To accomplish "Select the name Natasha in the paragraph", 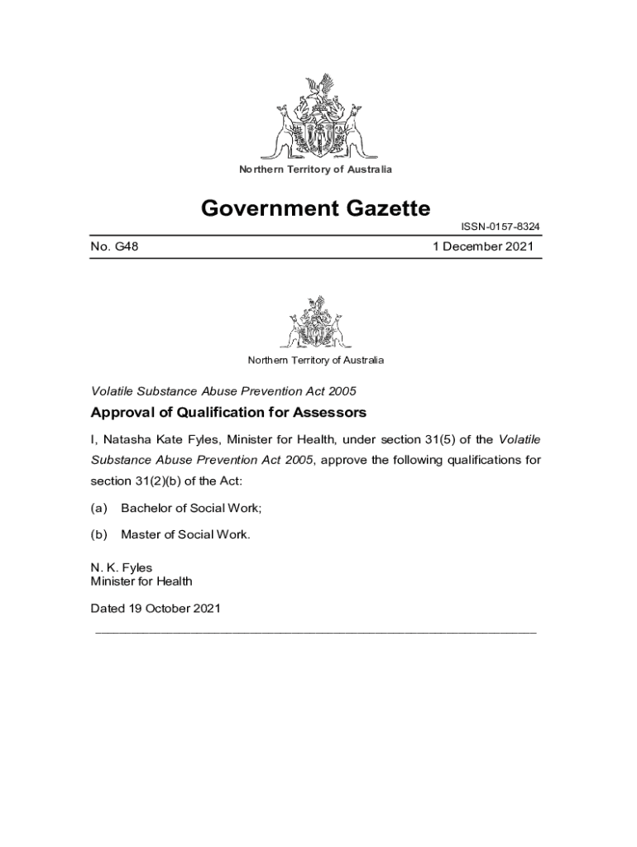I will coord(127,438).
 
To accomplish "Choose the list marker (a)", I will coord(98,507).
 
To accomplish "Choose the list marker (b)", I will coord(98,534).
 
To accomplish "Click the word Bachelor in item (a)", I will coord(147,507).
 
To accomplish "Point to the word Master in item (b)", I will coord(140,534).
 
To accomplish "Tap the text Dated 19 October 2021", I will coord(156,610).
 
